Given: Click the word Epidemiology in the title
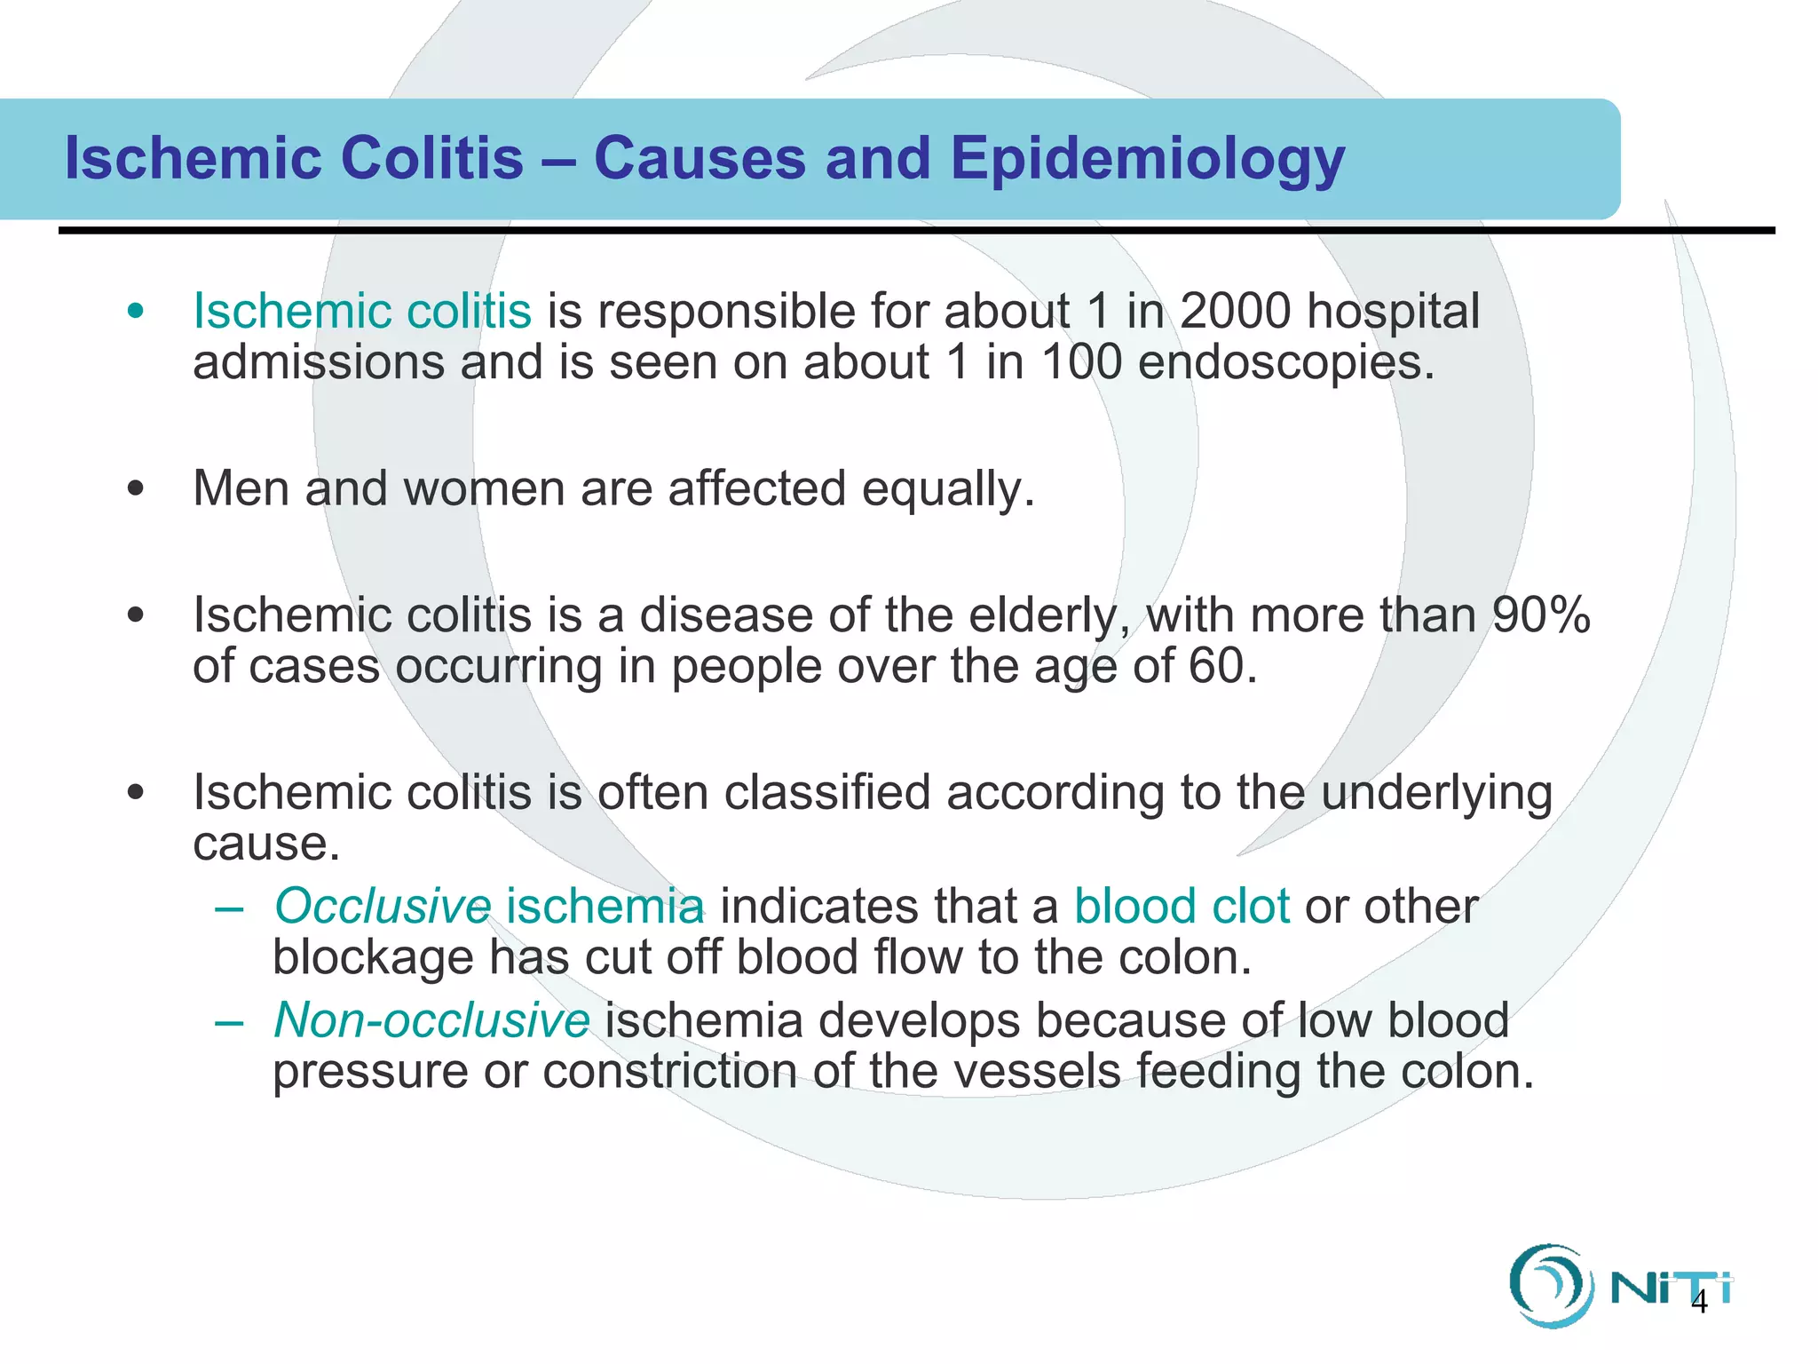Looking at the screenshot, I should click(x=1147, y=160).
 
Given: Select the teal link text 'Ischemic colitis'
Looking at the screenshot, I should click(x=362, y=311).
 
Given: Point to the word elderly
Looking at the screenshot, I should click(x=1049, y=616).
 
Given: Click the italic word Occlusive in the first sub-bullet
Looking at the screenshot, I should click(x=383, y=907).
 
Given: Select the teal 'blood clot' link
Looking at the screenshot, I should click(x=1182, y=907).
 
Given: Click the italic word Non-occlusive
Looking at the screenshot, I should click(x=431, y=1020).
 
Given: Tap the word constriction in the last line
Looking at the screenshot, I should click(x=669, y=1072).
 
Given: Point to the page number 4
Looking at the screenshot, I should click(x=1699, y=1303).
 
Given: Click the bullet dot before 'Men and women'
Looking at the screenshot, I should click(x=135, y=489).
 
